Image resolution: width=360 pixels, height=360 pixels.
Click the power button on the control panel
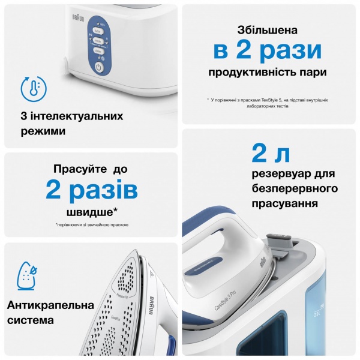pos(100,68)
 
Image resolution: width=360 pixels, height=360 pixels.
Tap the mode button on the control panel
pos(98,40)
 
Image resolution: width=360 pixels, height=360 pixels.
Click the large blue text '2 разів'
pos(91,190)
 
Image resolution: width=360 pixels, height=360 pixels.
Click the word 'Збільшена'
pos(268,29)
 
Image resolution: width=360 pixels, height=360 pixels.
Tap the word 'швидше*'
pos(91,212)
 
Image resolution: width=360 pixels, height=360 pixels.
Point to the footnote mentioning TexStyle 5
pos(268,103)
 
